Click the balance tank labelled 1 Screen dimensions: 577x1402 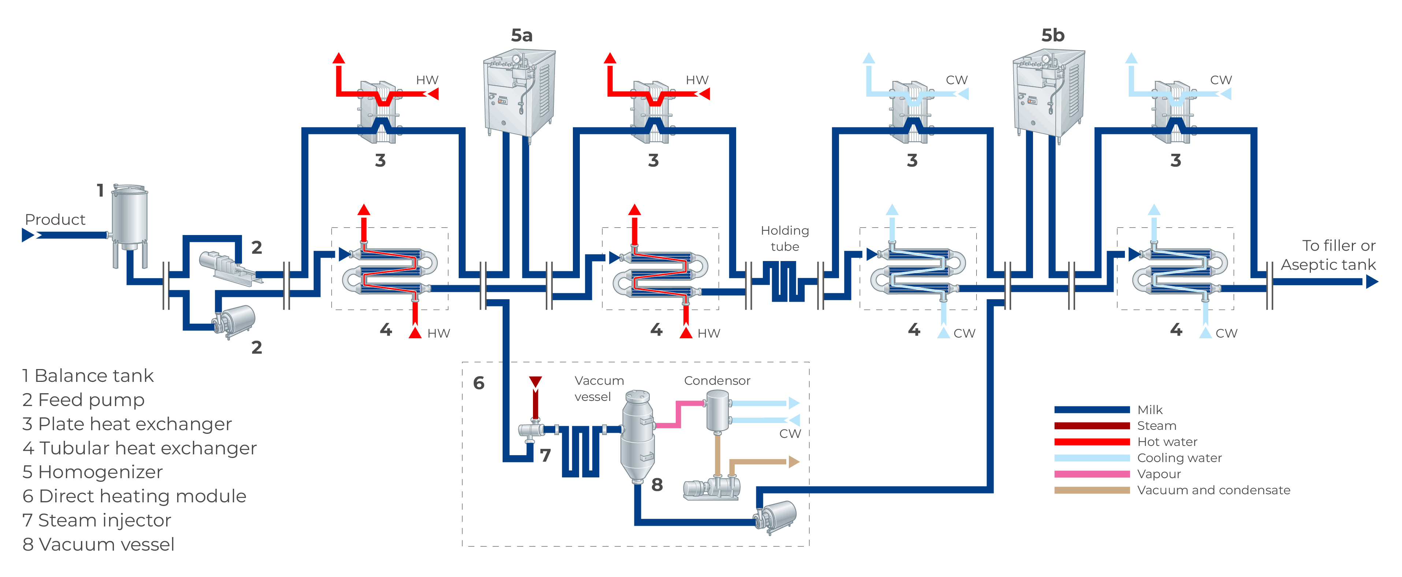coord(130,218)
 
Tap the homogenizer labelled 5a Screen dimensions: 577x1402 coord(520,93)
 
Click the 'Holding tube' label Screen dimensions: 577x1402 coord(785,238)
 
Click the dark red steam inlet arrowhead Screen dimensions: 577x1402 coord(536,382)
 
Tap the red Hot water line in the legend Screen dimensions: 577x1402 coord(1091,442)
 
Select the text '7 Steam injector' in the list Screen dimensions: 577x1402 coord(97,520)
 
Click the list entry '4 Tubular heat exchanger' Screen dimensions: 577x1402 coord(139,448)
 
